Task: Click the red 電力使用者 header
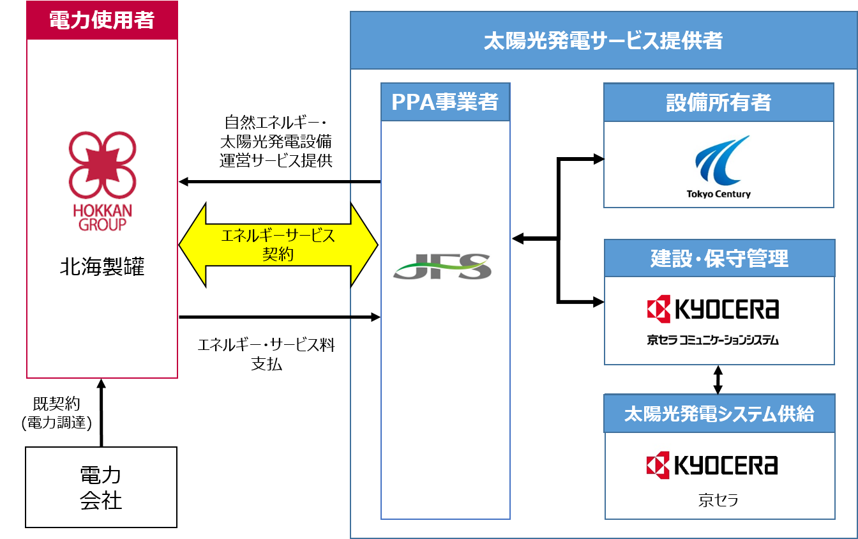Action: (102, 20)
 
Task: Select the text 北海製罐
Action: (102, 266)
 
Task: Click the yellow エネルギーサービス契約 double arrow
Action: (278, 245)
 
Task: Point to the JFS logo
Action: (442, 266)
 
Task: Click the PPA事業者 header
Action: (445, 102)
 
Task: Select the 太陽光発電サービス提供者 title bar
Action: (603, 41)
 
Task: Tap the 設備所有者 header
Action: (719, 102)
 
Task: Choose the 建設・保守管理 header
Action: (719, 258)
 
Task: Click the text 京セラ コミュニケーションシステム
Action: (712, 340)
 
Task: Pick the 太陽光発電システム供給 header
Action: (719, 414)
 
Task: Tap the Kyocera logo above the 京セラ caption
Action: (712, 465)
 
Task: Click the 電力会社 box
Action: (101, 487)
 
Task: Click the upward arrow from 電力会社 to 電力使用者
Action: (101, 412)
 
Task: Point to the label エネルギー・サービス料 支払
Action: (266, 354)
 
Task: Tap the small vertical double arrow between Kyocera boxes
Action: (718, 379)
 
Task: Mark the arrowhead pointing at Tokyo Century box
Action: (598, 159)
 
